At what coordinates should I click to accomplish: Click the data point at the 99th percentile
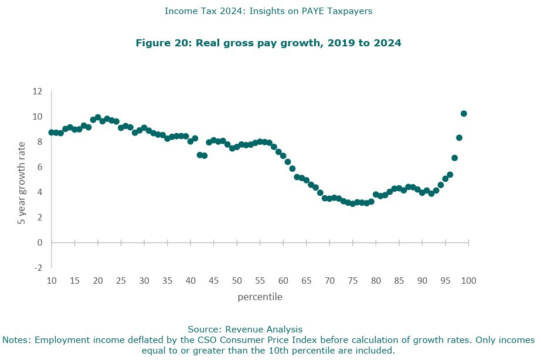pyautogui.click(x=464, y=114)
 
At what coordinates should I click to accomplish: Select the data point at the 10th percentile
pyautogui.click(x=52, y=133)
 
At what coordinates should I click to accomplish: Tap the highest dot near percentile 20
pyautogui.click(x=98, y=117)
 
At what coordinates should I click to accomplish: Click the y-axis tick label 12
pyautogui.click(x=38, y=91)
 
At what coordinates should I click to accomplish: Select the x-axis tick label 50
pyautogui.click(x=237, y=280)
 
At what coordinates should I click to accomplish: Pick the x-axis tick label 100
pyautogui.click(x=468, y=280)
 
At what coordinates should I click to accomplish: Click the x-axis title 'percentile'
pyautogui.click(x=260, y=297)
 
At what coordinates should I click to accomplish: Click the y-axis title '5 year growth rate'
pyautogui.click(x=22, y=184)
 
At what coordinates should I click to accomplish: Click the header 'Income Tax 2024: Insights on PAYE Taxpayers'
pyautogui.click(x=268, y=11)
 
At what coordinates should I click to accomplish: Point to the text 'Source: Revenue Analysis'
pyautogui.click(x=244, y=329)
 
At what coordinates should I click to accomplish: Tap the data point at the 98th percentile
pyautogui.click(x=459, y=138)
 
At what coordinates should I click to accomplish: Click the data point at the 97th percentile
pyautogui.click(x=454, y=158)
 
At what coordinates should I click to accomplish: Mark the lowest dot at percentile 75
pyautogui.click(x=352, y=203)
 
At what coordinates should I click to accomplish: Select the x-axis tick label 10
pyautogui.click(x=52, y=280)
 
